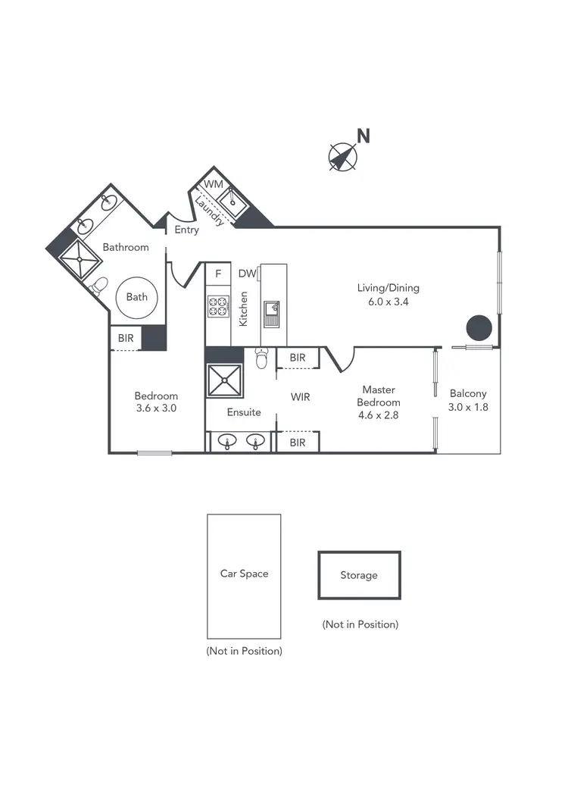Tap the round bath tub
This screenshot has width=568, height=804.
[137, 297]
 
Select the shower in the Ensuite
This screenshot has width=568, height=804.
[225, 381]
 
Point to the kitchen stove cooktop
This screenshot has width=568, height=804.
[219, 306]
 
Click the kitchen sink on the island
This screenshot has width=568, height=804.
[271, 311]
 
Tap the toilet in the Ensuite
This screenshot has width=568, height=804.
[262, 358]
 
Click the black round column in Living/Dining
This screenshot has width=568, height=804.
[479, 328]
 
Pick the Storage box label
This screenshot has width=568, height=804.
[358, 575]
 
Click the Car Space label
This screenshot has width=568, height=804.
[244, 574]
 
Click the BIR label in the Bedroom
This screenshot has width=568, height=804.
[126, 338]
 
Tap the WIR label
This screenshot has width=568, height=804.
[301, 396]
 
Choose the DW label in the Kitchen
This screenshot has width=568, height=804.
[247, 274]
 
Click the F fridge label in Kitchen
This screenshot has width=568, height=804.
[218, 274]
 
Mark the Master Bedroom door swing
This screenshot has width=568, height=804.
[339, 360]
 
